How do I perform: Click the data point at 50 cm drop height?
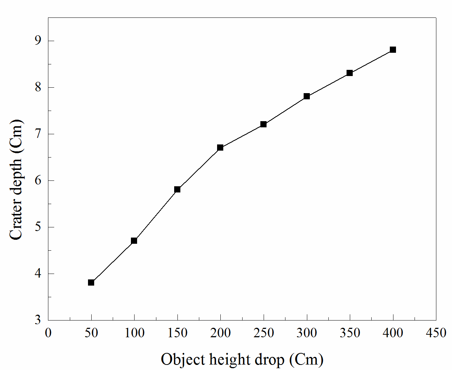(91, 283)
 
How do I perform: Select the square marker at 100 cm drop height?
(134, 240)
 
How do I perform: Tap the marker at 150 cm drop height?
(177, 189)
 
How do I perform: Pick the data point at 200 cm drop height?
(220, 147)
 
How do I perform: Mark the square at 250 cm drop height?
(264, 124)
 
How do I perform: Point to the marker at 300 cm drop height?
(307, 96)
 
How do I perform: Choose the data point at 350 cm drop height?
(350, 73)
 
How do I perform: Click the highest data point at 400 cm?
(393, 49)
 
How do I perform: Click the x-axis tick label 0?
(48, 333)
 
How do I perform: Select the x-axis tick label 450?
(436, 333)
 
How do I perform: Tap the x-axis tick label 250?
(264, 333)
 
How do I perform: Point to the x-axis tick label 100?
(135, 333)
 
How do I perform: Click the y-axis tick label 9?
(38, 41)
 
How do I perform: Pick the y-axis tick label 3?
(38, 320)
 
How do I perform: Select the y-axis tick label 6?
(38, 180)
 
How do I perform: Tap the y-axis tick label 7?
(38, 134)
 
